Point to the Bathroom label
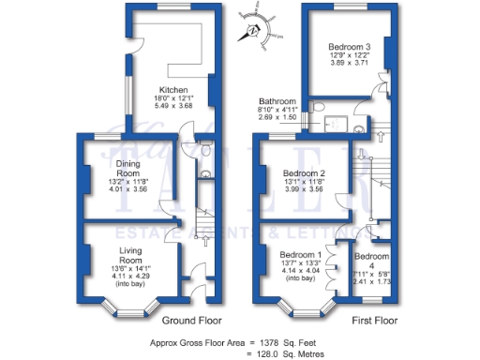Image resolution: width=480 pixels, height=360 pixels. point(278,101)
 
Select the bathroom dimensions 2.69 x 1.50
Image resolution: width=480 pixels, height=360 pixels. point(278,119)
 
